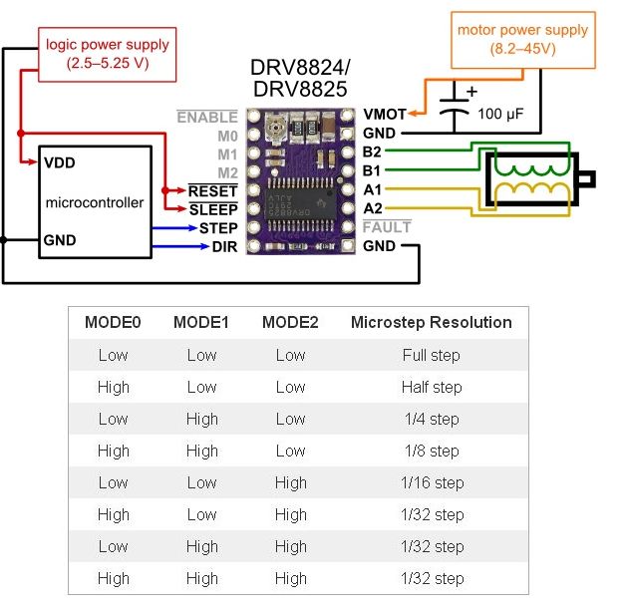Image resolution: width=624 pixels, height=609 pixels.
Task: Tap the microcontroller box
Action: point(95,202)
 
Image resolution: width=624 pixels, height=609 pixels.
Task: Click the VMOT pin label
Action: point(385,115)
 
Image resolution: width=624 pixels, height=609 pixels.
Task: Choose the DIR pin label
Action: point(224,246)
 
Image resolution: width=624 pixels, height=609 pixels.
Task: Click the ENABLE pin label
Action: point(207,118)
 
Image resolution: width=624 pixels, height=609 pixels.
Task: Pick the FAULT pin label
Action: point(387,227)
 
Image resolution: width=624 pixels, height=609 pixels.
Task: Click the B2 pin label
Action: point(373,152)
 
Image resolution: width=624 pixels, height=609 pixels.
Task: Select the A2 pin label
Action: point(373,208)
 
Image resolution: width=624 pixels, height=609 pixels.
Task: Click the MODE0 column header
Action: point(113,323)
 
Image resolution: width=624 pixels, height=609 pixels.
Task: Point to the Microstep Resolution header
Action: point(432,323)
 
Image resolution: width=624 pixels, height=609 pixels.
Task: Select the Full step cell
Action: point(432,355)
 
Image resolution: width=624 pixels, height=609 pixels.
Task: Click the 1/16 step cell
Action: point(432,482)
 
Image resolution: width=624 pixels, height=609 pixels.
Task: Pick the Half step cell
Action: point(432,387)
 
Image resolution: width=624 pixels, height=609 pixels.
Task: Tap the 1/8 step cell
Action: point(432,451)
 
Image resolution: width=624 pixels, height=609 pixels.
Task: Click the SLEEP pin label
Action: point(213,209)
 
